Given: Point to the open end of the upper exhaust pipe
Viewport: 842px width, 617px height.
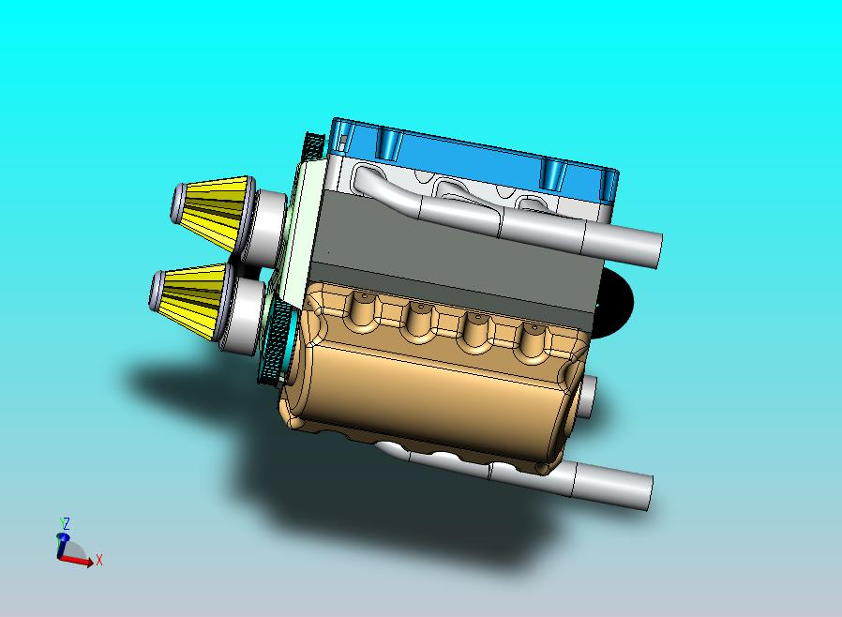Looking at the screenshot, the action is tap(655, 251).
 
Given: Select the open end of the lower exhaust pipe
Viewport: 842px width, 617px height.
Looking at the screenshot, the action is tap(647, 493).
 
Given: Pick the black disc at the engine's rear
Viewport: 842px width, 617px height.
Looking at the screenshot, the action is tap(615, 302).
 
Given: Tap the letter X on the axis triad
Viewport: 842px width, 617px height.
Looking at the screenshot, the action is tap(99, 560).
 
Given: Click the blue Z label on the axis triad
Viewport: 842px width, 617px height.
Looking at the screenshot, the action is tap(66, 523).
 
